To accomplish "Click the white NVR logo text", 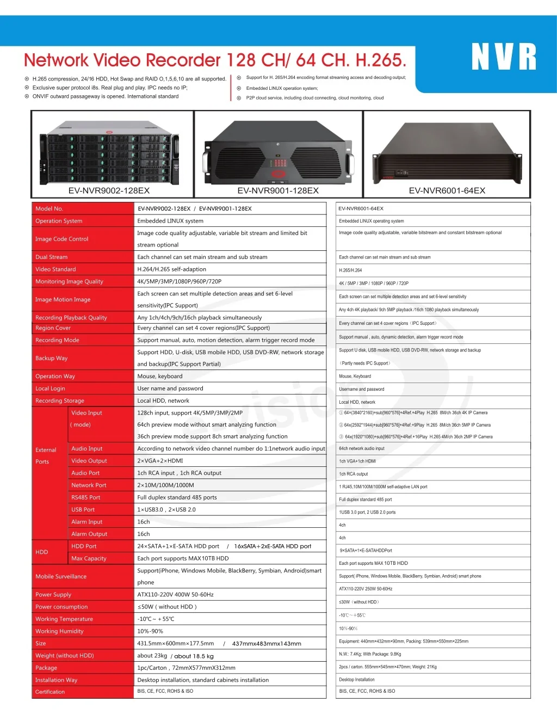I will click(504, 57).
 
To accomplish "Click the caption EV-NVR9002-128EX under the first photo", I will click(109, 190).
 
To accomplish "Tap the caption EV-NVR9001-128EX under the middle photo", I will click(278, 190).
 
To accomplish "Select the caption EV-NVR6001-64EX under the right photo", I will click(447, 190).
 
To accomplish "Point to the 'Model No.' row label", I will click(49, 208).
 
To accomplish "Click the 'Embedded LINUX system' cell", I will click(170, 221).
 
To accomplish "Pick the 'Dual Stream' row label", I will click(52, 257).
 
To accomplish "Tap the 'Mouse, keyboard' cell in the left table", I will click(160, 376).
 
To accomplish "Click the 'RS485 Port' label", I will click(86, 497).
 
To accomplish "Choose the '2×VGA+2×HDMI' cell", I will click(160, 461).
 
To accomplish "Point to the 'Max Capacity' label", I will click(89, 558).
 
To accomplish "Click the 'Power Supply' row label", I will click(53, 595).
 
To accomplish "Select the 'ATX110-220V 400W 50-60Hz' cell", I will click(175, 595).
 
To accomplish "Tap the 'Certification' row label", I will click(50, 692).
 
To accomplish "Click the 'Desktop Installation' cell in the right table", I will click(357, 680).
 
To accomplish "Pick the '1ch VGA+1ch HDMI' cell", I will click(357, 461).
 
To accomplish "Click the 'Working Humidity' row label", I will click(59, 631).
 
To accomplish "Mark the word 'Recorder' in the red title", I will click(183, 60).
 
